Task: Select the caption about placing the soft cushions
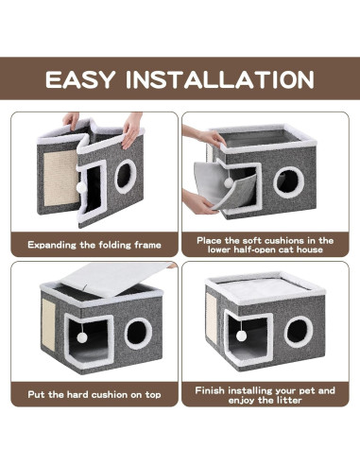(266, 245)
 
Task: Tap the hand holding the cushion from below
(200, 200)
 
